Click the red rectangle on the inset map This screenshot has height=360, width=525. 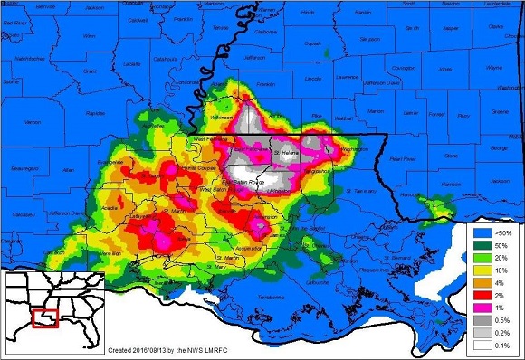click(43, 317)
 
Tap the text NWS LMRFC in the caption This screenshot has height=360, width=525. click(216, 349)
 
